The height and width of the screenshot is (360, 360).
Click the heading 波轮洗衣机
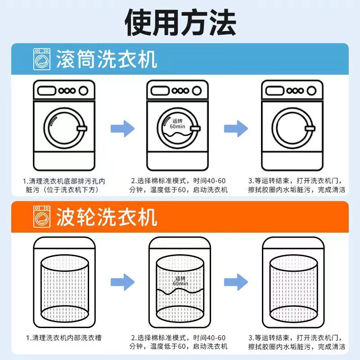[x=107, y=216]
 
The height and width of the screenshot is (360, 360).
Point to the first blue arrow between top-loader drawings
[x=122, y=283]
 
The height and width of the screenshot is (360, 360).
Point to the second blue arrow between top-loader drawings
[x=236, y=283]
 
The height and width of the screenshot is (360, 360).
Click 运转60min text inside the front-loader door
[x=178, y=124]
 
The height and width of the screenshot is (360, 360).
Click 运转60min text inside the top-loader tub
[x=180, y=281]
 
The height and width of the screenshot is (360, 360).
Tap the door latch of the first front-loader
[x=81, y=130]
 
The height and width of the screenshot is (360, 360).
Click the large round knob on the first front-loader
[x=83, y=90]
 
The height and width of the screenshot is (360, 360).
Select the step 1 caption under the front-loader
[x=64, y=185]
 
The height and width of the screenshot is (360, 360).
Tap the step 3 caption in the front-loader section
[x=296, y=185]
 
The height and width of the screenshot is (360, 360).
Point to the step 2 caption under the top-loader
[x=179, y=342]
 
